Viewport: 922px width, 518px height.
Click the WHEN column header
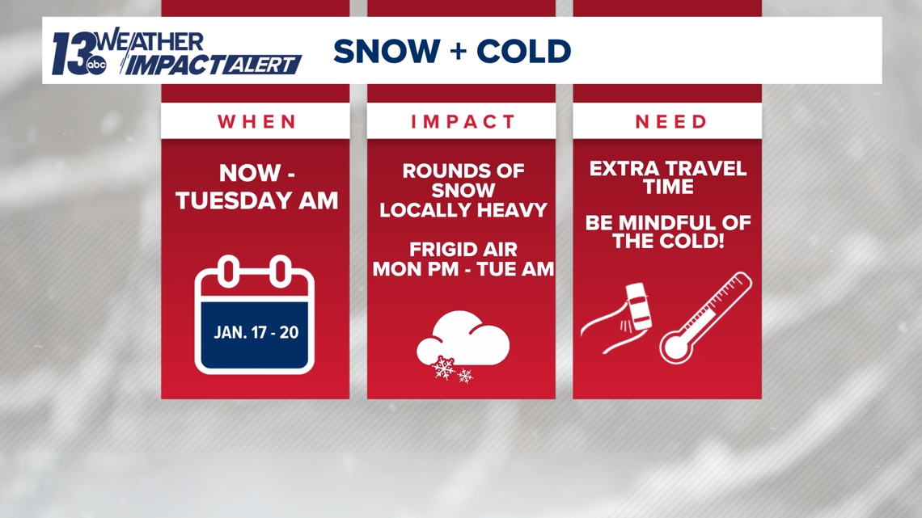pyautogui.click(x=257, y=121)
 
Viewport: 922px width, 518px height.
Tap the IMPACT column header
pyautogui.click(x=463, y=121)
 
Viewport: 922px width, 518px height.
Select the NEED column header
pyautogui.click(x=671, y=121)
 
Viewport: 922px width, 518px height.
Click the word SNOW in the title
pyautogui.click(x=387, y=51)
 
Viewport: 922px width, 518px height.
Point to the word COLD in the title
pyautogui.click(x=523, y=51)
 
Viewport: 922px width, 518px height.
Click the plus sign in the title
pyautogui.click(x=458, y=52)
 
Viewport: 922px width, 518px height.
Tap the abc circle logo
pyautogui.click(x=96, y=65)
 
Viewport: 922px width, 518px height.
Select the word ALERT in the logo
pyautogui.click(x=262, y=65)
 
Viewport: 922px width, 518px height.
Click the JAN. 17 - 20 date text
pyautogui.click(x=256, y=332)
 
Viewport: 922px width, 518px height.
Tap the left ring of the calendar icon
pyautogui.click(x=230, y=272)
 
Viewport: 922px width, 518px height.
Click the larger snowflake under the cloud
pyautogui.click(x=443, y=367)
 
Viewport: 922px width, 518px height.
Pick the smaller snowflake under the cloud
pyautogui.click(x=465, y=375)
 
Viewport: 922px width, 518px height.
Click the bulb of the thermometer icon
pyautogui.click(x=675, y=347)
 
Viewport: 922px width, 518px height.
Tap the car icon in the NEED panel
pyautogui.click(x=638, y=306)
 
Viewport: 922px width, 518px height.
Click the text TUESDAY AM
pyautogui.click(x=257, y=201)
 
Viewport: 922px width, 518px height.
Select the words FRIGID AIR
pyautogui.click(x=463, y=249)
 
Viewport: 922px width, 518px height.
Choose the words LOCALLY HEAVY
pyautogui.click(x=463, y=209)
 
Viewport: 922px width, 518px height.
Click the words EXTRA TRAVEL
pyautogui.click(x=668, y=169)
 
